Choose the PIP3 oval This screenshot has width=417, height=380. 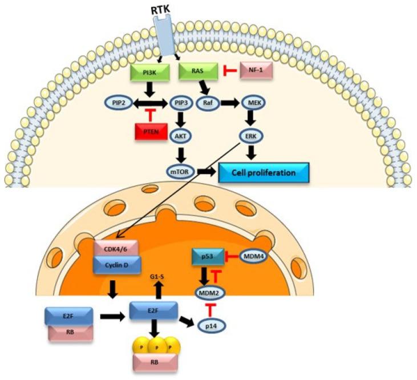tap(181, 104)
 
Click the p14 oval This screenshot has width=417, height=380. tap(212, 326)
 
